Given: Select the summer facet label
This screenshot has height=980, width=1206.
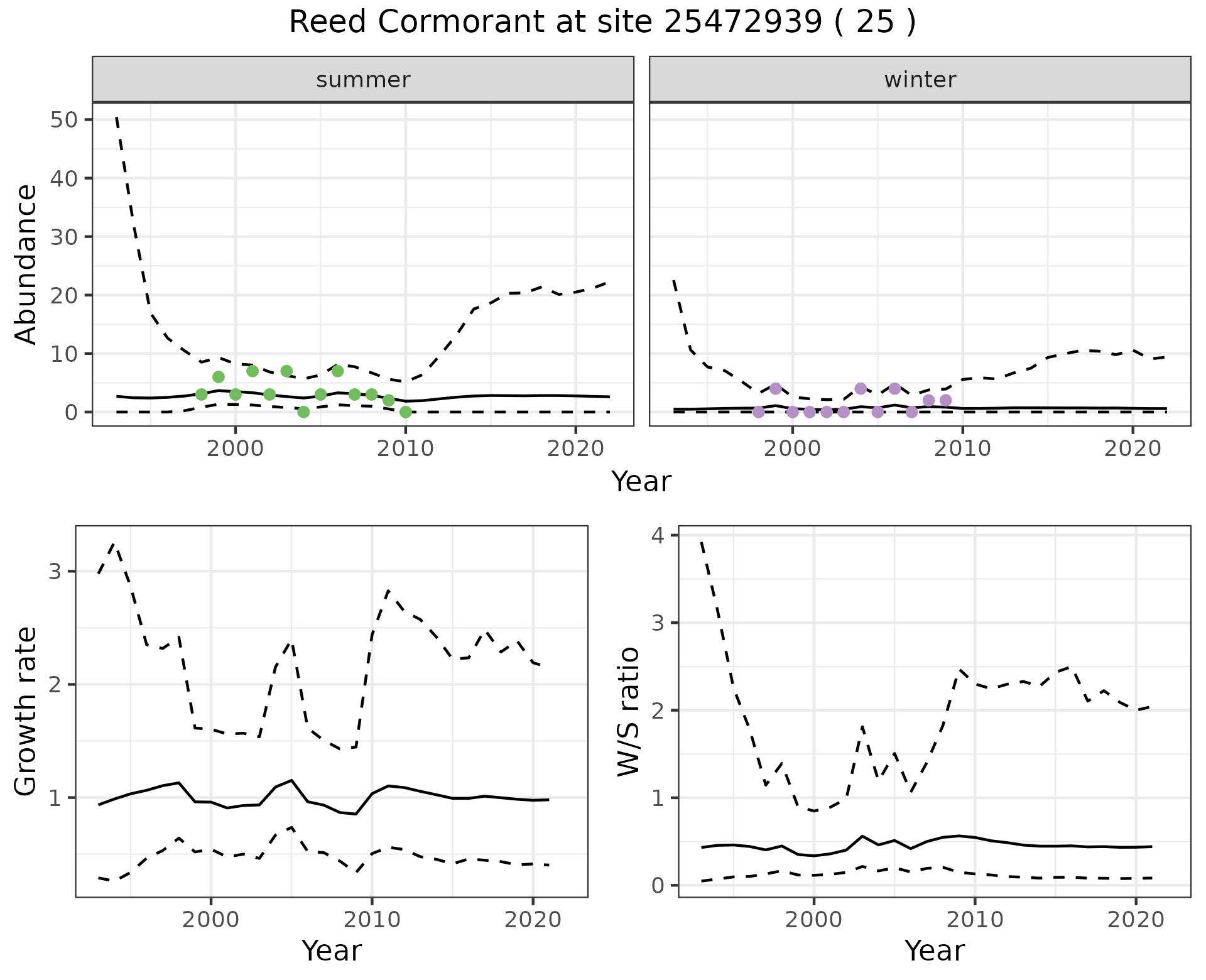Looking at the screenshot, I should point(363,80).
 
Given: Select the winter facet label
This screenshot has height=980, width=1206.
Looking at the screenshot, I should point(920,80).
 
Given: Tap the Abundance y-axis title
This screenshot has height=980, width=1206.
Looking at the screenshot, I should point(26,264).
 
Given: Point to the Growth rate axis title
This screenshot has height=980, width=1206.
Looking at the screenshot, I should point(26,711).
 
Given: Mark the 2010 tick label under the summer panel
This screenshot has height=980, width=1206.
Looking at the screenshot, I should point(406,449).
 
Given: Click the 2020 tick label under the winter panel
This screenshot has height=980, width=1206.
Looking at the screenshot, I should point(1133,449).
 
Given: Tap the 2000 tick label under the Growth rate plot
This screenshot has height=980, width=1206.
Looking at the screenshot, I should point(211,920).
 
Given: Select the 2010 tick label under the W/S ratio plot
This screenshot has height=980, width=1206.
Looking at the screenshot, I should point(974,920).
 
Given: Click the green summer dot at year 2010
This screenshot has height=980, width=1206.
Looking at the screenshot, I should point(406,412).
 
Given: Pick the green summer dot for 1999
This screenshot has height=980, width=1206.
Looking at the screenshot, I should point(219,377).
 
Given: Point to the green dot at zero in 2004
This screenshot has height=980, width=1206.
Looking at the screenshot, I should point(303,412).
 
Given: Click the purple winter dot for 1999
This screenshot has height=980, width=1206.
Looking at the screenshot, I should point(776,388).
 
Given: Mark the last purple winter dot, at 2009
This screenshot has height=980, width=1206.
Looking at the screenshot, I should point(946,400).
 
